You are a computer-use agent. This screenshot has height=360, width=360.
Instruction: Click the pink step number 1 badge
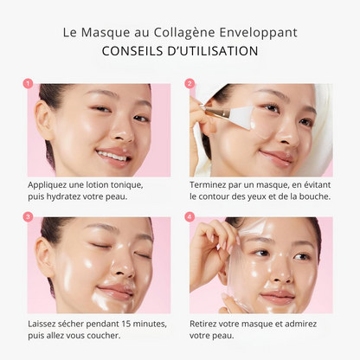(28, 84)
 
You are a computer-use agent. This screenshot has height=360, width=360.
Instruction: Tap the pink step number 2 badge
(190, 84)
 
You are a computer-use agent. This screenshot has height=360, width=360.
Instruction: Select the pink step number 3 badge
(28, 217)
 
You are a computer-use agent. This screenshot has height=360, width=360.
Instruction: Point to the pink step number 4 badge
(190, 217)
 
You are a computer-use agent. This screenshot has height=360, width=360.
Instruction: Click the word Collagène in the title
(184, 33)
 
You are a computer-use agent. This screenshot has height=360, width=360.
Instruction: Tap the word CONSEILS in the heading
(132, 51)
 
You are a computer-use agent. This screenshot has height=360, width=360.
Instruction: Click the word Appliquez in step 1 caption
(46, 185)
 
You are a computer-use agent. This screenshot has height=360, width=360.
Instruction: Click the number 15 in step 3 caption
(127, 324)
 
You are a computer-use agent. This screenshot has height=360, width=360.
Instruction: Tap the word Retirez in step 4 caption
(204, 324)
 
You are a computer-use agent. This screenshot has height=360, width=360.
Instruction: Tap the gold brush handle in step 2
(215, 110)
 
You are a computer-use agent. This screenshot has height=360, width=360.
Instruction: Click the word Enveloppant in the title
(258, 33)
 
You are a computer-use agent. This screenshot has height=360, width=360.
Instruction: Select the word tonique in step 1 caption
(127, 185)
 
